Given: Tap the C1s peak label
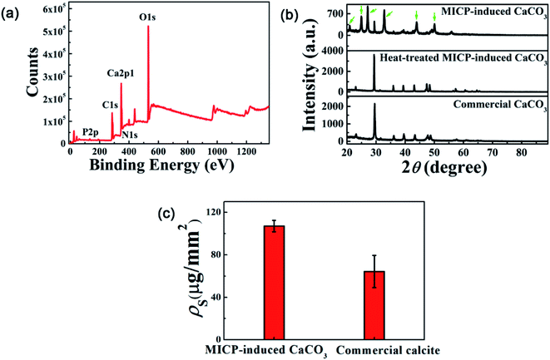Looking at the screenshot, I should pyautogui.click(x=110, y=105).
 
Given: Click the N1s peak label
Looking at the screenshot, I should pyautogui.click(x=129, y=135).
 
